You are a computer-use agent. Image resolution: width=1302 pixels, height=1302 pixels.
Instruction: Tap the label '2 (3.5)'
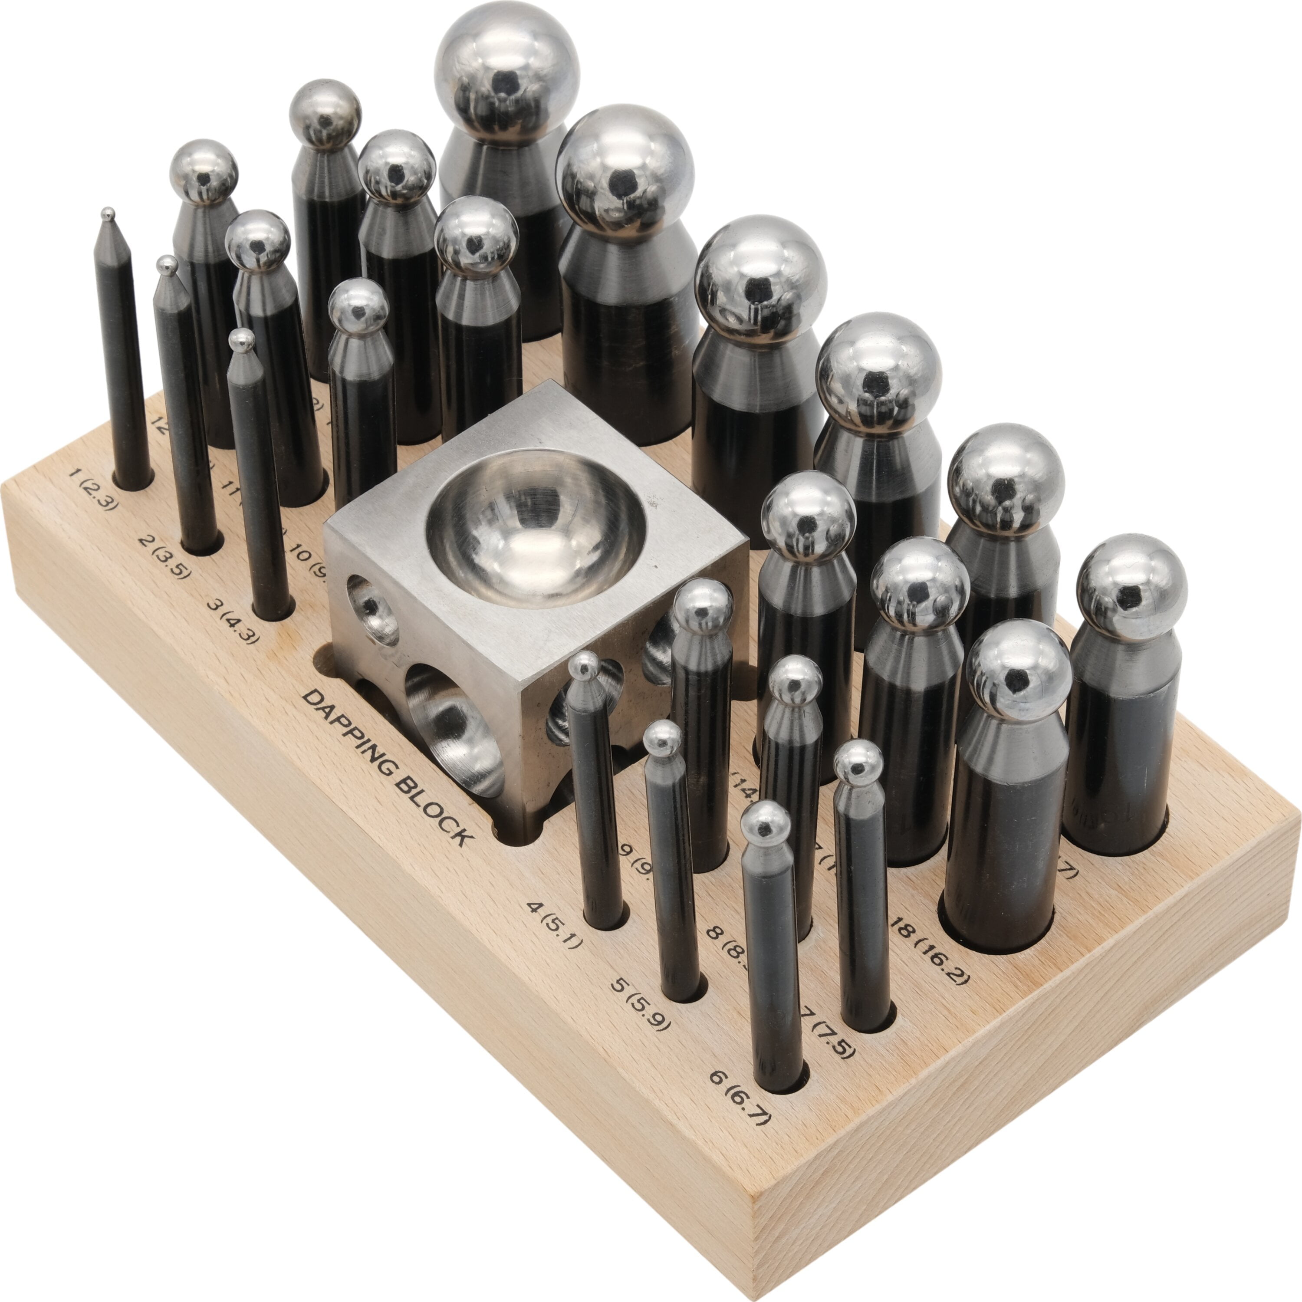164,557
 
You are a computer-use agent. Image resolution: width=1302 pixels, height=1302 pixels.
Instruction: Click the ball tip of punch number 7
858,762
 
